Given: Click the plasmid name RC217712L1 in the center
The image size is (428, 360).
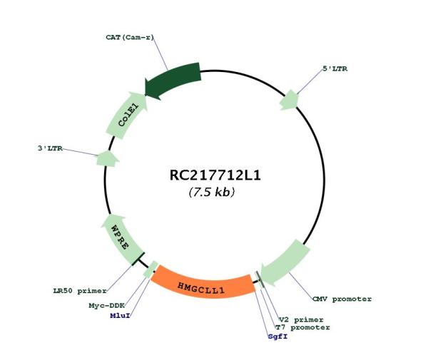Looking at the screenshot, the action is [x=215, y=175].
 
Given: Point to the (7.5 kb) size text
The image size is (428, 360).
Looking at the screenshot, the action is [x=212, y=192].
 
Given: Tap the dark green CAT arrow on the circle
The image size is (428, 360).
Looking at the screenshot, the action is [x=172, y=81].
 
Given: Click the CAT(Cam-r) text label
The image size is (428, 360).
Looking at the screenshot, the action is [x=130, y=37].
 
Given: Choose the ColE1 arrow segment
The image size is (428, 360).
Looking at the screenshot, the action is [x=127, y=115].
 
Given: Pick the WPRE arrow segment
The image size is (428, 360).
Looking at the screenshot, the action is [x=122, y=238].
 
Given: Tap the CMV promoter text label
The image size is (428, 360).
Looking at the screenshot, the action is [x=342, y=299].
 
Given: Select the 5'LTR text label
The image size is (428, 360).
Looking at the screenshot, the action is [x=335, y=68].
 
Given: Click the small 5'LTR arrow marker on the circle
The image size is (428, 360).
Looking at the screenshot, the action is [x=290, y=100].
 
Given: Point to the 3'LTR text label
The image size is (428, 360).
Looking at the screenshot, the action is [x=50, y=148].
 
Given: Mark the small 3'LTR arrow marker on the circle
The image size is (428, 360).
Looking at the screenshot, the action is [x=107, y=159].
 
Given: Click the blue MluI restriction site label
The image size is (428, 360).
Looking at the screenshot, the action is [x=120, y=316].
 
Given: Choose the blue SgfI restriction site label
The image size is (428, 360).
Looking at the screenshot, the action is [x=278, y=336].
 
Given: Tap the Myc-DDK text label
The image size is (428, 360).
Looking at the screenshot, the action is [x=107, y=305].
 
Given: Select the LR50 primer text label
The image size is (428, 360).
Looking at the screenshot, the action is [x=80, y=291].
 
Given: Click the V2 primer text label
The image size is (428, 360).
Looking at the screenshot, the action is [x=301, y=319].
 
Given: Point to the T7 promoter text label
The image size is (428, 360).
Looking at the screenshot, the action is [x=302, y=327].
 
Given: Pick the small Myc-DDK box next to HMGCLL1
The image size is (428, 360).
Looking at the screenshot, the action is [x=151, y=269].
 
